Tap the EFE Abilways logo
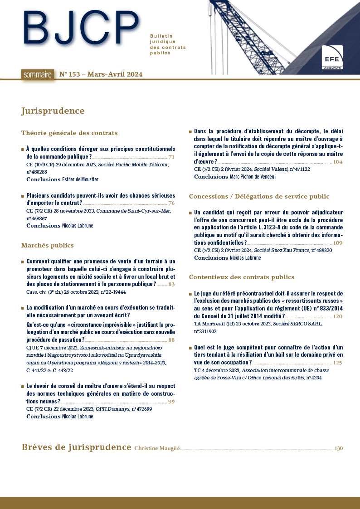coord(332,58)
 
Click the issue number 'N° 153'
coord(70,74)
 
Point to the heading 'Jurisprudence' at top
coord(53,111)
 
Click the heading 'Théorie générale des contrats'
coord(69,133)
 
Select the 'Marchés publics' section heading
coord(47,245)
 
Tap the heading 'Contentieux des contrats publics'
coord(241,277)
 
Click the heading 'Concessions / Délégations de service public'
coord(259,196)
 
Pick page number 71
coord(171,157)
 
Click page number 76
coord(171,203)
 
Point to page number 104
coord(338,161)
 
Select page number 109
coord(338,243)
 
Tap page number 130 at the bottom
coord(338,448)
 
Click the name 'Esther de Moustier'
coord(80,179)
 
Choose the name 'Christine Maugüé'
coord(157,448)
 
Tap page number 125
coord(338,363)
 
